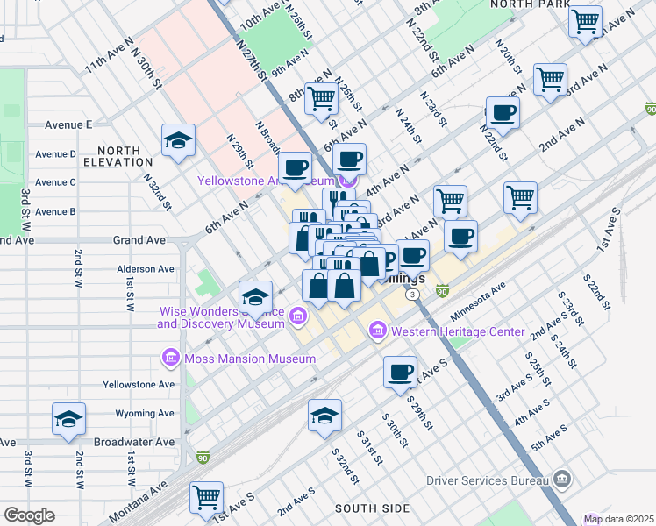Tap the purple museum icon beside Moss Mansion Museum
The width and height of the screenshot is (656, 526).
pyautogui.click(x=171, y=358)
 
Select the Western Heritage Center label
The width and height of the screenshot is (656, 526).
pyautogui.click(x=457, y=331)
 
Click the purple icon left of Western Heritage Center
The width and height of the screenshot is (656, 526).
pyautogui.click(x=378, y=331)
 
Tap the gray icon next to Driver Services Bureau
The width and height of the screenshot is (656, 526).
pyautogui.click(x=562, y=479)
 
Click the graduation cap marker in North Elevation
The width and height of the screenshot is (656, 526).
pyautogui.click(x=178, y=140)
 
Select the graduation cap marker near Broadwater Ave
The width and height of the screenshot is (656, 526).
pyautogui.click(x=68, y=419)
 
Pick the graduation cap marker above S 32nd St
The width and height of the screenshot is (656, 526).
pyautogui.click(x=324, y=415)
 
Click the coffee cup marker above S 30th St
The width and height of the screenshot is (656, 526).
pyautogui.click(x=400, y=372)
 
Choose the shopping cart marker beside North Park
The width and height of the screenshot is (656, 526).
pyautogui.click(x=585, y=20)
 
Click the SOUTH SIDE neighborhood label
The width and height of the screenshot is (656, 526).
pyautogui.click(x=372, y=508)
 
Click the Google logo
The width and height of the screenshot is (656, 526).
pyautogui.click(x=29, y=515)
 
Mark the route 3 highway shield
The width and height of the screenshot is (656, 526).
pyautogui.click(x=411, y=295)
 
